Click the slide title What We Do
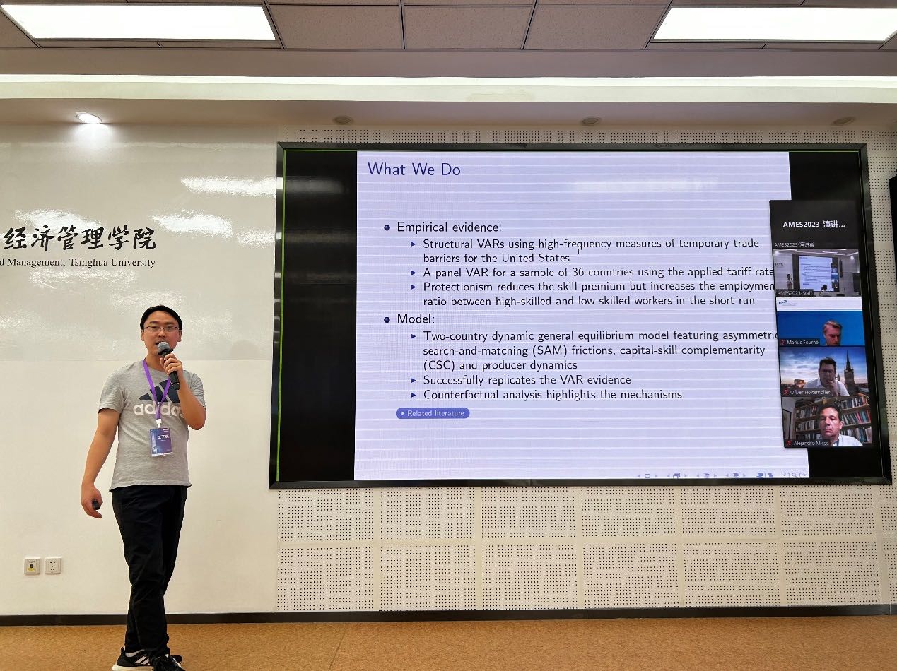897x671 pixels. (x=414, y=170)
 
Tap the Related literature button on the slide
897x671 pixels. (x=433, y=413)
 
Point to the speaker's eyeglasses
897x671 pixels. (x=161, y=328)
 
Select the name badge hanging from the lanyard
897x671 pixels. (x=160, y=441)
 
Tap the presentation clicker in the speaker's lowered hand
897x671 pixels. (x=95, y=504)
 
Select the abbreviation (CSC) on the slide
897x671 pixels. (x=438, y=365)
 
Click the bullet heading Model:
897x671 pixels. (x=416, y=319)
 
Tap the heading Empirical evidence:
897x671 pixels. (x=449, y=227)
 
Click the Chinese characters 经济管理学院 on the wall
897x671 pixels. (x=79, y=239)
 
